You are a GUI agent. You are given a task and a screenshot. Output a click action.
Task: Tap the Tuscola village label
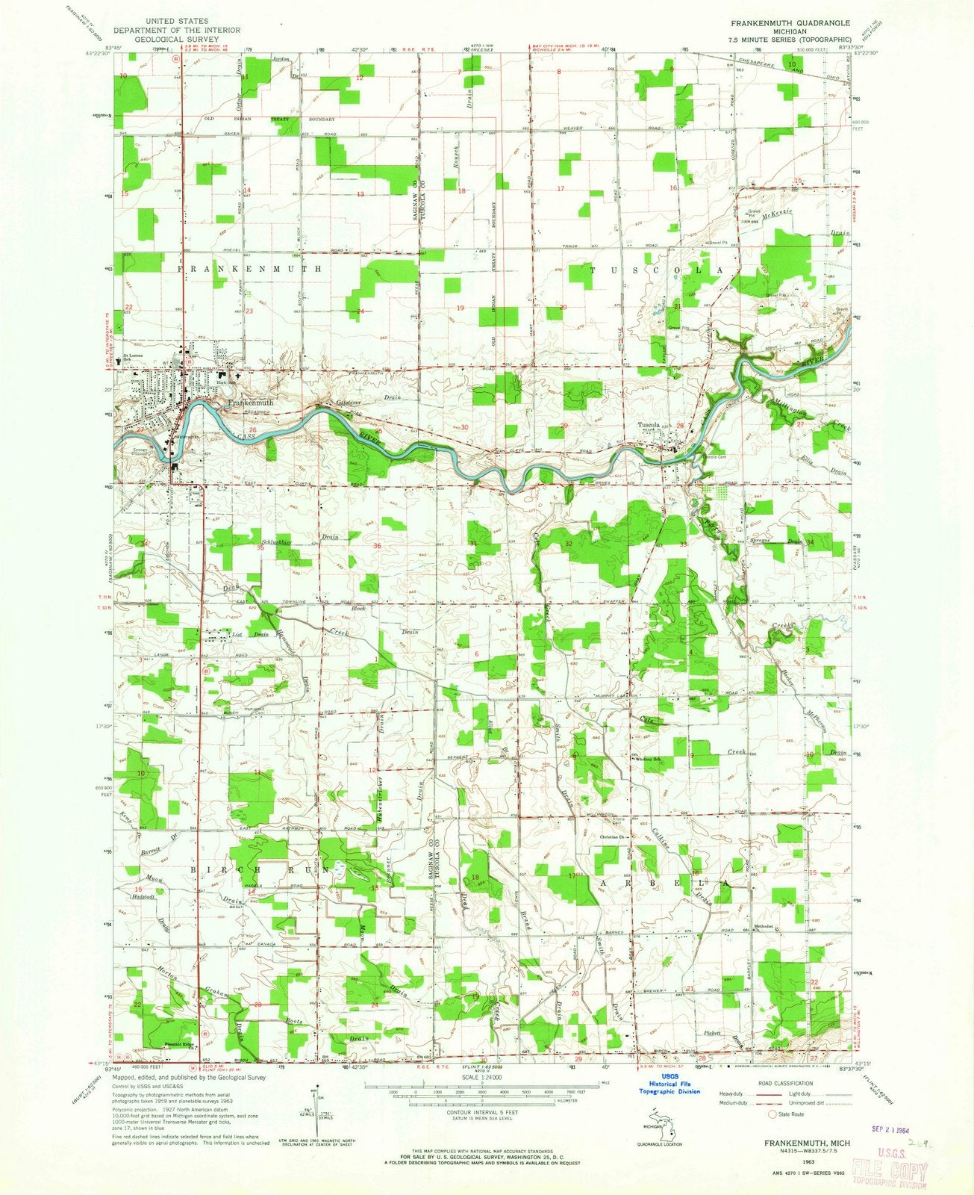pyautogui.click(x=647, y=427)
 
